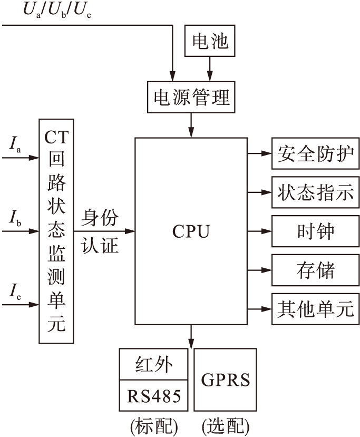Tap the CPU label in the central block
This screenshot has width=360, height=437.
(x=191, y=231)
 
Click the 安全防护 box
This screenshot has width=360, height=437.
(x=315, y=154)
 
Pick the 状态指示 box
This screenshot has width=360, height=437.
(x=315, y=193)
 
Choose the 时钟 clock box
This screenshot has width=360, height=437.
(x=315, y=231)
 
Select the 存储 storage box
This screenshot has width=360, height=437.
(x=315, y=270)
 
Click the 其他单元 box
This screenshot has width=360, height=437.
(x=315, y=309)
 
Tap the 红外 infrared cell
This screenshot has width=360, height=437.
(x=153, y=364)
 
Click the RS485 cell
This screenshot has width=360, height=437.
(x=153, y=396)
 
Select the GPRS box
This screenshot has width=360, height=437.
(x=226, y=380)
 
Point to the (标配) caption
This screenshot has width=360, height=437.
(x=153, y=425)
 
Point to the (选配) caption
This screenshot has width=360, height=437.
(x=226, y=425)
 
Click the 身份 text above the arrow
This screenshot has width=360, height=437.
(x=100, y=218)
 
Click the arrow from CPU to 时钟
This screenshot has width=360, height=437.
(x=259, y=231)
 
